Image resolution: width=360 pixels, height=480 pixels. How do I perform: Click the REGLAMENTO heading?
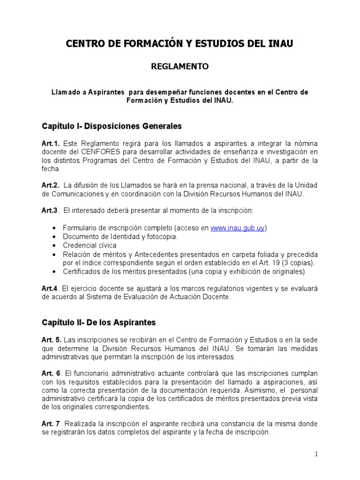click(180, 67)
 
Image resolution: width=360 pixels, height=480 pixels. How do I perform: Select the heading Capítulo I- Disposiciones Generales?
click(112, 126)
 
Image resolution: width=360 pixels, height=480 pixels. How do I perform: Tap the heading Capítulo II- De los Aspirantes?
click(99, 322)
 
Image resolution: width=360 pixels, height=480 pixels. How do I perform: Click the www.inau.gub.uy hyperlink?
click(238, 228)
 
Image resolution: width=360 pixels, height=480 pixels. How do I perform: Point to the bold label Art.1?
click(51, 143)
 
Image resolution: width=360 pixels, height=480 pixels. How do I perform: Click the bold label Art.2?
click(51, 185)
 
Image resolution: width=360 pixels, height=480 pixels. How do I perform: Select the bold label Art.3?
click(50, 210)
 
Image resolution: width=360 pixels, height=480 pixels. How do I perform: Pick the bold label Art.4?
click(50, 288)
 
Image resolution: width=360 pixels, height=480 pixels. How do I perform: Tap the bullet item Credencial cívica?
click(90, 245)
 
